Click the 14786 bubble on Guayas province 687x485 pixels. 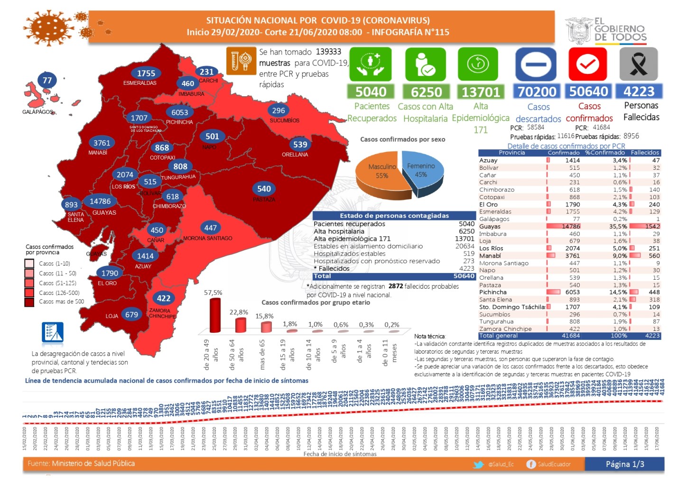[x=100, y=201]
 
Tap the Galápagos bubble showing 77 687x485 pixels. [x=47, y=80]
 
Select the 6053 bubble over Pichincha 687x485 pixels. [x=180, y=112]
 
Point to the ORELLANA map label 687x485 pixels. [x=295, y=155]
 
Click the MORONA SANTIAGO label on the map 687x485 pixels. [x=208, y=238]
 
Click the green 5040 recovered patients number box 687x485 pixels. [x=371, y=92]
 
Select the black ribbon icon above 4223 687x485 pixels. [x=639, y=64]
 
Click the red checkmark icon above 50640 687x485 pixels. [x=588, y=64]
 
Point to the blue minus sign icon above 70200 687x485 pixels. [x=536, y=64]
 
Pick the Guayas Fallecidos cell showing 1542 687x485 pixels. [x=652, y=226]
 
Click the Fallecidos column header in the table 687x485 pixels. [x=645, y=153]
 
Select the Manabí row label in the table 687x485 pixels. [x=490, y=256]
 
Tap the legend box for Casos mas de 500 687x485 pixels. [x=29, y=302]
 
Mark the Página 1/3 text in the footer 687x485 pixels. [x=625, y=464]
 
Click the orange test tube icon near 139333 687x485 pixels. [x=241, y=61]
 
